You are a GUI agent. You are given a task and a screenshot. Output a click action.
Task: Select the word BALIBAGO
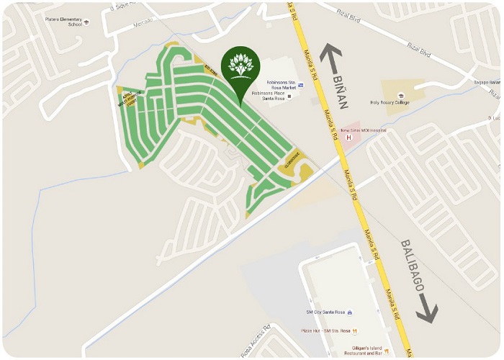pos(413,266)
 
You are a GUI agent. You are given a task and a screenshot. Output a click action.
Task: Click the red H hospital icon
pos(349,138)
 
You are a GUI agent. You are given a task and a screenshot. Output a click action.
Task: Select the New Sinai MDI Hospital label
pos(364,130)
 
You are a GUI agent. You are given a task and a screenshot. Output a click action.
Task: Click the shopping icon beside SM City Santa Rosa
pos(349,312)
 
